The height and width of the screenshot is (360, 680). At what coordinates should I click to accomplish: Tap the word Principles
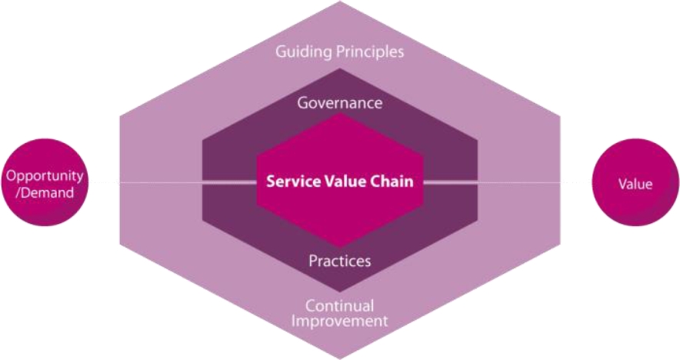[371, 52]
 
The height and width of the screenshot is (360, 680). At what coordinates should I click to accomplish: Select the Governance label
[340, 103]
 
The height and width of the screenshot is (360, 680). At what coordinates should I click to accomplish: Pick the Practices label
[340, 261]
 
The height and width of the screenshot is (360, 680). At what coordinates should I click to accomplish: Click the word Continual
[339, 306]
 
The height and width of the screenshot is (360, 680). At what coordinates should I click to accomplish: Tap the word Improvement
[339, 322]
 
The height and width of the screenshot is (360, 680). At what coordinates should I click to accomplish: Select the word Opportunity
[45, 176]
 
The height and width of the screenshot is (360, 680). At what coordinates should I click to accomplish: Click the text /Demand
[45, 192]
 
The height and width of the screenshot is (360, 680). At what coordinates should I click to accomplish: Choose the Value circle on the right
[635, 182]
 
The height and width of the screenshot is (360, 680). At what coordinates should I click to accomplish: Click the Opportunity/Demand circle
[45, 182]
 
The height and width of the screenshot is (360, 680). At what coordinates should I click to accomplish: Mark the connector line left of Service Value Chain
[230, 182]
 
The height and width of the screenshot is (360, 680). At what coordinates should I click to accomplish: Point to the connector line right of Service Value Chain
[450, 182]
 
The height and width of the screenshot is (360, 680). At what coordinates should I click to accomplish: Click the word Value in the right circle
[635, 184]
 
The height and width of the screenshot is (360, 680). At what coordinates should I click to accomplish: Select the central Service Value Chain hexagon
[340, 181]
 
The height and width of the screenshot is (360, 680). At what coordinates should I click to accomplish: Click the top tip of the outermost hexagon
[341, 2]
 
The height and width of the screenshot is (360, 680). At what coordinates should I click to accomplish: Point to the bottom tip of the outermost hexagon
[341, 359]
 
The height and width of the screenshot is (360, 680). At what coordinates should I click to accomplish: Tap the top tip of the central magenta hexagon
[341, 114]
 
